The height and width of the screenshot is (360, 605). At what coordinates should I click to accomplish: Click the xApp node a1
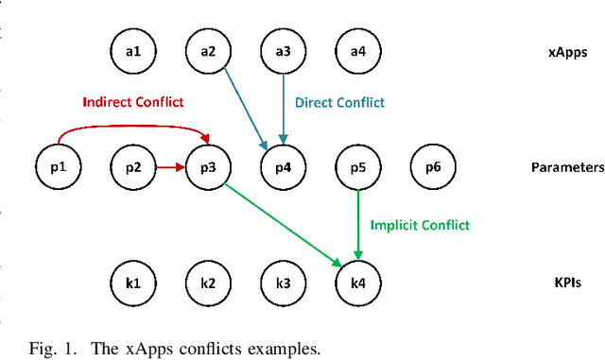(133, 52)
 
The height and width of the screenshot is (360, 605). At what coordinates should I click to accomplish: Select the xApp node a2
(208, 52)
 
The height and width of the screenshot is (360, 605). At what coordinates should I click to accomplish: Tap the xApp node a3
(283, 52)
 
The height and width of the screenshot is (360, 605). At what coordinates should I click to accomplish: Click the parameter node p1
(58, 167)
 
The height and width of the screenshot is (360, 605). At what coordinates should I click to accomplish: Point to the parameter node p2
(133, 167)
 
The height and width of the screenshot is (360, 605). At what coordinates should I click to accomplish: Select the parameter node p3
(208, 167)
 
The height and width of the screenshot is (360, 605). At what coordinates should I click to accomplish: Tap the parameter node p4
(283, 167)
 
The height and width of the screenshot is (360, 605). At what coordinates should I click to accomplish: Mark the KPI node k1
(133, 283)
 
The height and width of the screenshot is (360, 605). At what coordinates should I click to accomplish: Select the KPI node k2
(208, 283)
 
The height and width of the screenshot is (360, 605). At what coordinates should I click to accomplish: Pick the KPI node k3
(283, 283)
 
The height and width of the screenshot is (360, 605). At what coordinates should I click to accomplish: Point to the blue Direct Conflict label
(340, 101)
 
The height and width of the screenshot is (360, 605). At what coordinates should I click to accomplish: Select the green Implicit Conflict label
(420, 225)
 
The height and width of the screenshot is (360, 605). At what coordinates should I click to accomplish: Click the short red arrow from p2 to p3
(170, 167)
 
